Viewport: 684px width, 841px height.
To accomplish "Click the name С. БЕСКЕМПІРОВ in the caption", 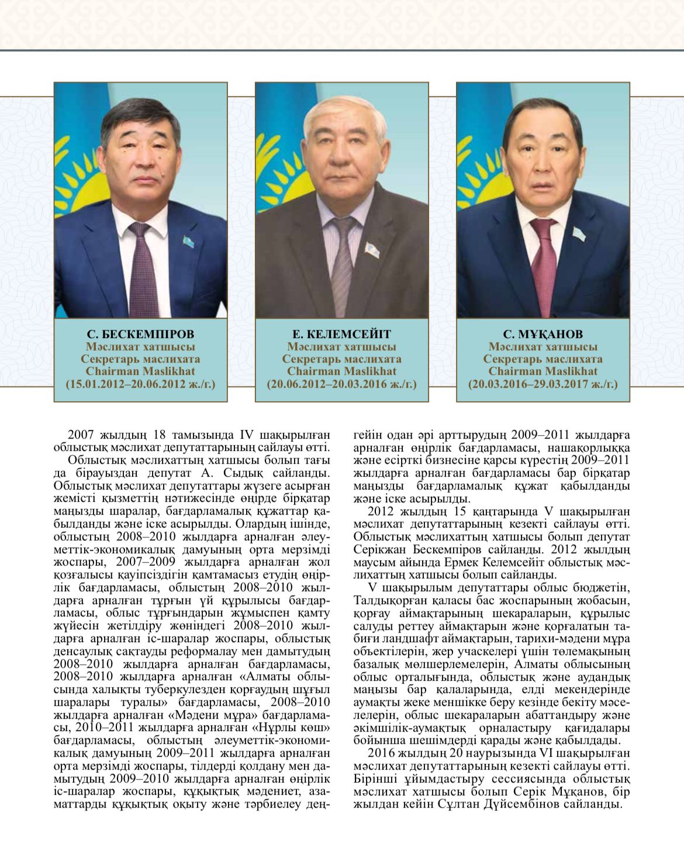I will point(140,335).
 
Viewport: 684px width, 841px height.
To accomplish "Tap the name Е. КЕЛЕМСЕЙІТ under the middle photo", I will point(341,335).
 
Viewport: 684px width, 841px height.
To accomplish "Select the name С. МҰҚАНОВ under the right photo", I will point(543,335).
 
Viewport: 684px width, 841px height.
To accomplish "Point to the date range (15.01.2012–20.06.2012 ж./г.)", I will point(140,384).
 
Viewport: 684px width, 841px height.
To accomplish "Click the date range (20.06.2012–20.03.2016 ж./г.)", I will point(341,384).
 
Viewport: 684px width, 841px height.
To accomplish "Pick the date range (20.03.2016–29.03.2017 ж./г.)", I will point(543,384).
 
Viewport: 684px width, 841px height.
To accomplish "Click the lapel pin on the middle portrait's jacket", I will point(371,249).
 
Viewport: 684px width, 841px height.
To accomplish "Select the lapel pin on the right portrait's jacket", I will point(579,233).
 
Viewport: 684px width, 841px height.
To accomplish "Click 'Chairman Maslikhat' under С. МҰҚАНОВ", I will point(543,371).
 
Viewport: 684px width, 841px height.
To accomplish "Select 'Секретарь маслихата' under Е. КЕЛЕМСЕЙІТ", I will point(341,359).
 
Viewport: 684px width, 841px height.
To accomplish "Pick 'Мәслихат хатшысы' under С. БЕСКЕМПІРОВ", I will point(140,347).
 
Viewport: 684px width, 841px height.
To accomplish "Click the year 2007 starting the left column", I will point(81,435).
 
